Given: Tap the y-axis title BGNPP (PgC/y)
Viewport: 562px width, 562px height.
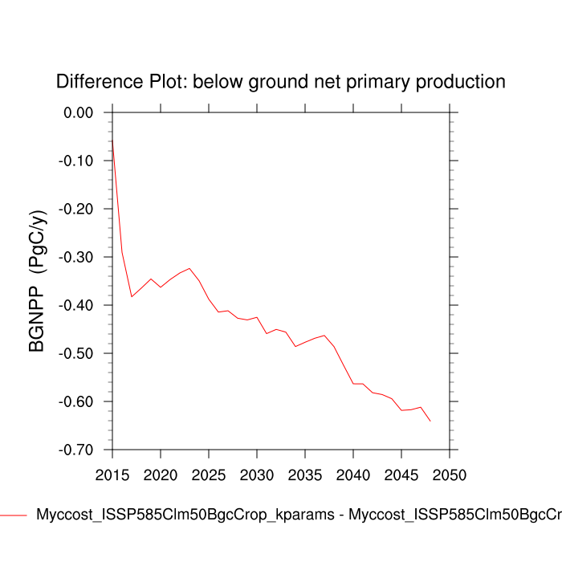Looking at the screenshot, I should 38,281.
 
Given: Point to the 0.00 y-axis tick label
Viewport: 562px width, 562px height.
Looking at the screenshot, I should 79,112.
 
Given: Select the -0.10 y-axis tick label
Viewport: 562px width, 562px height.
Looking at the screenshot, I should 77,161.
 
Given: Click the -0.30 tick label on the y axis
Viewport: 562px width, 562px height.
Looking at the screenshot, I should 77,257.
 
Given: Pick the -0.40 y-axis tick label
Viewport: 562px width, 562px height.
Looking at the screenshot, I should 77,305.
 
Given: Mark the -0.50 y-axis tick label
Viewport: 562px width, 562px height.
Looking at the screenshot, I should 77,353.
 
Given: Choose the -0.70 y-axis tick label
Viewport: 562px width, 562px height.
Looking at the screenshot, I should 77,450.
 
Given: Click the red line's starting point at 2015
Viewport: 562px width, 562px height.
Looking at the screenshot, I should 112,140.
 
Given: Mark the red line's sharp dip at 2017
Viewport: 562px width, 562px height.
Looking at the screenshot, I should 132,297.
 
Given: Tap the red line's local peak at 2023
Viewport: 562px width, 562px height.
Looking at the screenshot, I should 189,268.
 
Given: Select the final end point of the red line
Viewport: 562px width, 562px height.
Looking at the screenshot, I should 430,421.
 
